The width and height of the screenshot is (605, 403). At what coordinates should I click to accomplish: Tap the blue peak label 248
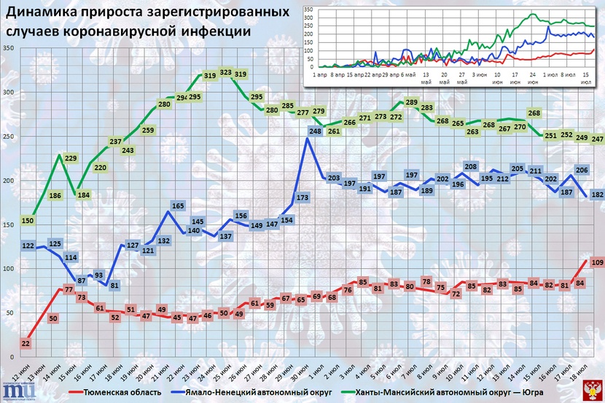[316, 131]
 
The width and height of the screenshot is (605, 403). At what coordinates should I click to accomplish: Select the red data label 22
[26, 343]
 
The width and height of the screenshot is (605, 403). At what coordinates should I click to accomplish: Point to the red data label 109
[596, 262]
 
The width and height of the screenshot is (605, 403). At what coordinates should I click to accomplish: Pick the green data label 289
[412, 103]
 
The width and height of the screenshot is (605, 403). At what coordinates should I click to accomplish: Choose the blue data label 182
[596, 195]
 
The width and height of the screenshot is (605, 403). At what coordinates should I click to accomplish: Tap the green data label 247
[596, 138]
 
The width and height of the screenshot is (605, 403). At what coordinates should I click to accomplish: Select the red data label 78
[428, 281]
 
